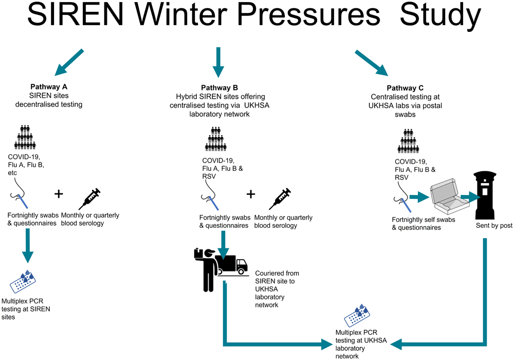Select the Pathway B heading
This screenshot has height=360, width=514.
tap(219, 88)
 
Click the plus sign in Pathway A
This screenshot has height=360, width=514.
tap(59, 194)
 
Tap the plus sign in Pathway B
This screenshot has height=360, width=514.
tap(251, 194)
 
